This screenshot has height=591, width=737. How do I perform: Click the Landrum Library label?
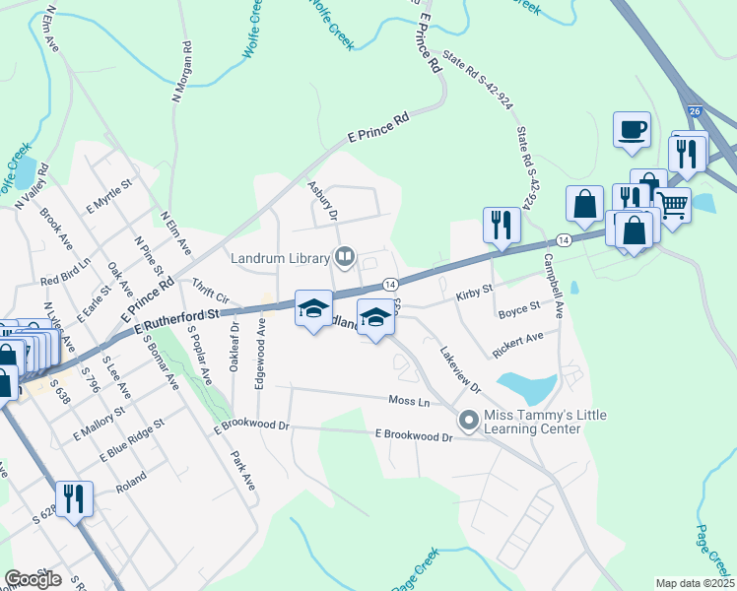[x=280, y=258]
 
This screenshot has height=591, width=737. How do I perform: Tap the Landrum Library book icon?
[x=345, y=258]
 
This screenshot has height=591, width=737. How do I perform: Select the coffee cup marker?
[x=631, y=129]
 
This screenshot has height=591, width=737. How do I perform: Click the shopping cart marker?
[x=672, y=205]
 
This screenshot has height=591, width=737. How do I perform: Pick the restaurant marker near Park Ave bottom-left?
[x=74, y=498]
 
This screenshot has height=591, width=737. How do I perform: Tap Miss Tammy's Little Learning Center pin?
[x=469, y=421]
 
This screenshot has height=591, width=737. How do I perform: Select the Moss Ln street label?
[x=409, y=402]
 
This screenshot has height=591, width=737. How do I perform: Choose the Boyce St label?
[x=519, y=307]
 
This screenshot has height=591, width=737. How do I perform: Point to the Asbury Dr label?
[x=322, y=200]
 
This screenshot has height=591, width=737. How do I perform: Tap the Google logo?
[x=33, y=579]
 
